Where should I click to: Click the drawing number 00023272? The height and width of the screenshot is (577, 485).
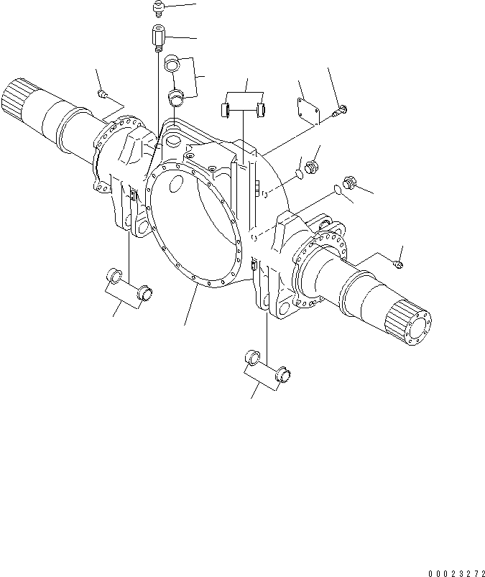point(456,572)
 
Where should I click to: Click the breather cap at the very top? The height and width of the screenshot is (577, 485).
point(160,9)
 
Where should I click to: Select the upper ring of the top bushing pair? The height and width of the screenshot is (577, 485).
point(172,63)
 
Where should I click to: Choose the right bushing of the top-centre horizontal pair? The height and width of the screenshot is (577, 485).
point(262,109)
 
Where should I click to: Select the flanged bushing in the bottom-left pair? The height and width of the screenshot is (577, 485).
point(144,292)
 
